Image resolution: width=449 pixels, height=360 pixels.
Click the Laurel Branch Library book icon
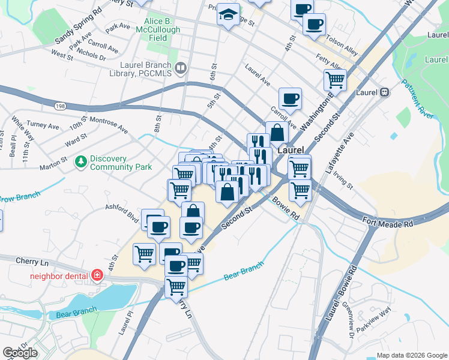180,69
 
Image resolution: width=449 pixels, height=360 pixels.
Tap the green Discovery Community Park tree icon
81,161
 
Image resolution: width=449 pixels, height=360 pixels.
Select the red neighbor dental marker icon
97,276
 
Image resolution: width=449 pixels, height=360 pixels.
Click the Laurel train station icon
384,92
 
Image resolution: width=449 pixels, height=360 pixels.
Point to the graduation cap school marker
228,14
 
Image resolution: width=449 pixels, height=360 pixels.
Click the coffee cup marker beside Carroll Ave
290,98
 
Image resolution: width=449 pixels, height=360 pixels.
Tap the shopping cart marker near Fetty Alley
335,79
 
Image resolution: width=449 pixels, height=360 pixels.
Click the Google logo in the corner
20,353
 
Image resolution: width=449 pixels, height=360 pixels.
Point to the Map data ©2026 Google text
411,355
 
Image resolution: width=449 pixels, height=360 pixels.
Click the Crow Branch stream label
19,197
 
